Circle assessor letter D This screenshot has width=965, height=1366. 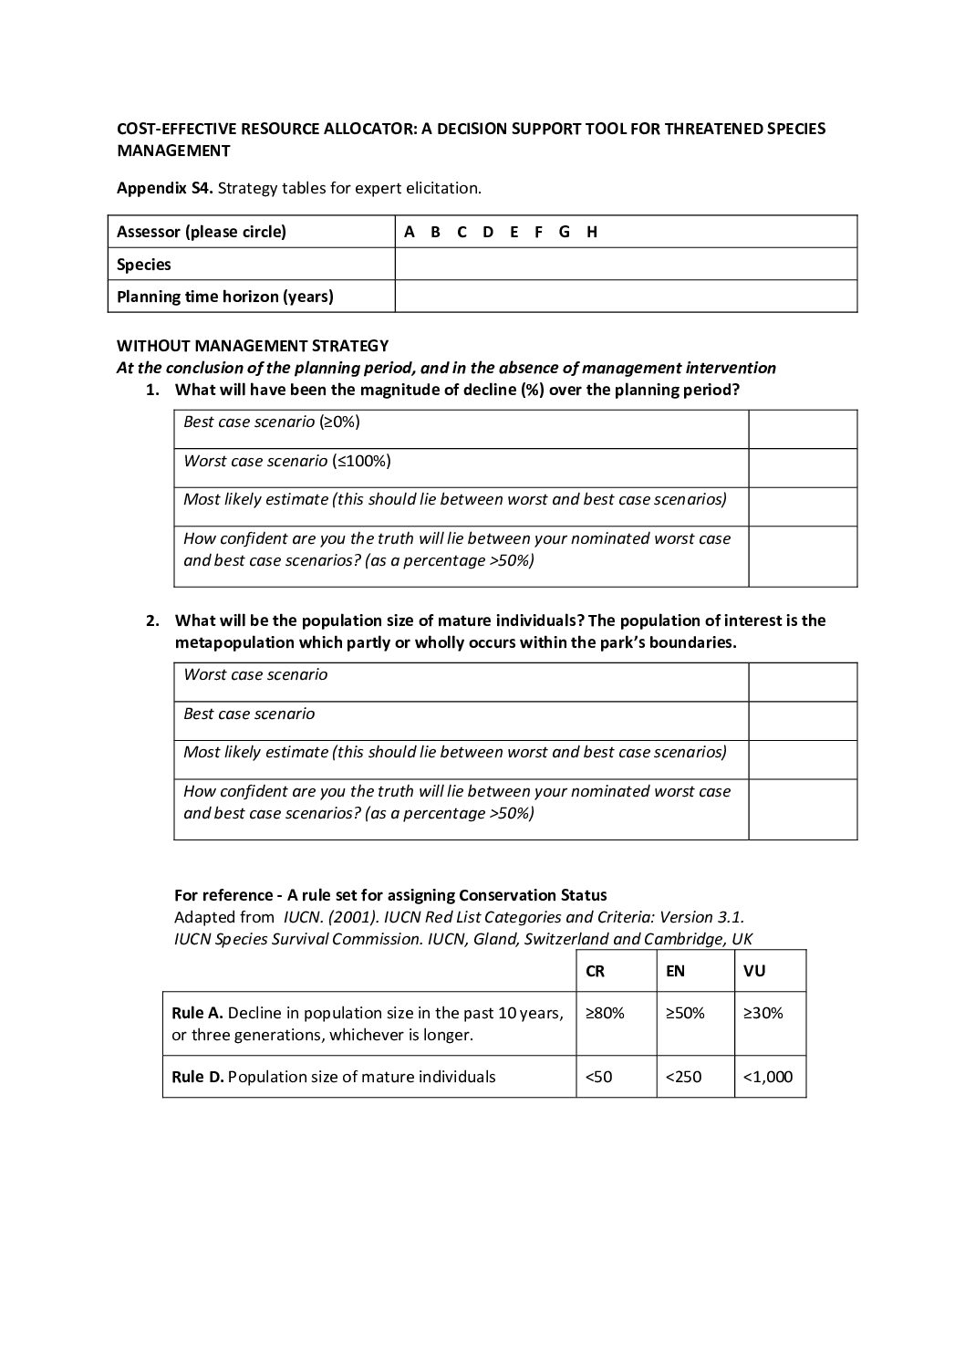pyautogui.click(x=488, y=232)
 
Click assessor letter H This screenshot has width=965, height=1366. pyautogui.click(x=592, y=232)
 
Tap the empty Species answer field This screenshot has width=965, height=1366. pyautogui.click(x=626, y=264)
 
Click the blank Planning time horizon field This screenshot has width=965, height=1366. pyautogui.click(x=626, y=297)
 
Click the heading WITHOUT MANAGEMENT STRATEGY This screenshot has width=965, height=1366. pyautogui.click(x=253, y=346)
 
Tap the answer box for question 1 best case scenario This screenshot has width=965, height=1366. pyautogui.click(x=803, y=429)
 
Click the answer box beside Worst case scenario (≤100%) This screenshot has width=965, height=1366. pyautogui.click(x=803, y=467)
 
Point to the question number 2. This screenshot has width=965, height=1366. pyautogui.click(x=152, y=620)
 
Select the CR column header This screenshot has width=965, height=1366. pyautogui.click(x=595, y=971)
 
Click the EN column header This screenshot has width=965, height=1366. pyautogui.click(x=675, y=971)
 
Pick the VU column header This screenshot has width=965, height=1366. pyautogui.click(x=754, y=971)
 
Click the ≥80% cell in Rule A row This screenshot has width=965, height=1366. pyautogui.click(x=605, y=1013)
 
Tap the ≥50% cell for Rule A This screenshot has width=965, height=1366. pyautogui.click(x=685, y=1013)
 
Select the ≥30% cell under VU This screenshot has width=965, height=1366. pyautogui.click(x=763, y=1013)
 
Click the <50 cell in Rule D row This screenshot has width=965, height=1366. pyautogui.click(x=599, y=1077)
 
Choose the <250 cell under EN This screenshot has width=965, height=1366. pyautogui.click(x=683, y=1077)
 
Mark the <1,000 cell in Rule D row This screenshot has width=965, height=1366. pyautogui.click(x=768, y=1077)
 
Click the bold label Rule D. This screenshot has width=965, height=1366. pyautogui.click(x=198, y=1077)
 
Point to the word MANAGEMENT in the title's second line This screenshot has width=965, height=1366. pyautogui.click(x=173, y=151)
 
